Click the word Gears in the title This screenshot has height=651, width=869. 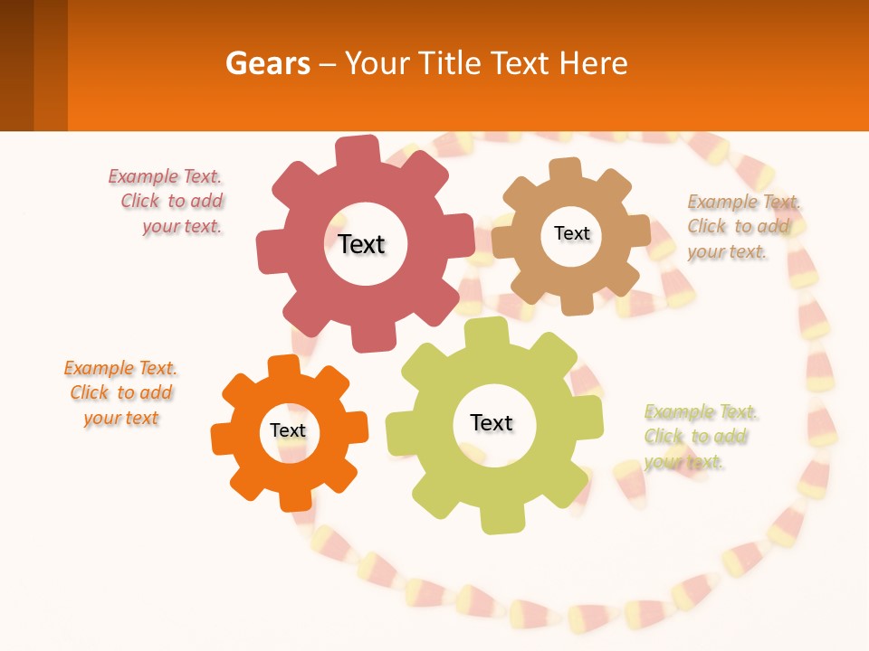click(x=267, y=63)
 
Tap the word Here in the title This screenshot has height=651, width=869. click(x=594, y=63)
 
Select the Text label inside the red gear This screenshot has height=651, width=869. click(x=361, y=244)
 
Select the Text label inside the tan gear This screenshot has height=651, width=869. click(x=571, y=233)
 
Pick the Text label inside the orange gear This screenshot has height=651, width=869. click(x=288, y=430)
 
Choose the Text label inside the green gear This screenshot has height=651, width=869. click(x=492, y=422)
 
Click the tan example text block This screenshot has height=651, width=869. click(x=740, y=227)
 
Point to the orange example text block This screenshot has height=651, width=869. click(x=121, y=393)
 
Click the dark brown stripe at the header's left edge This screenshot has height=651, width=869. click(x=16, y=65)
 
